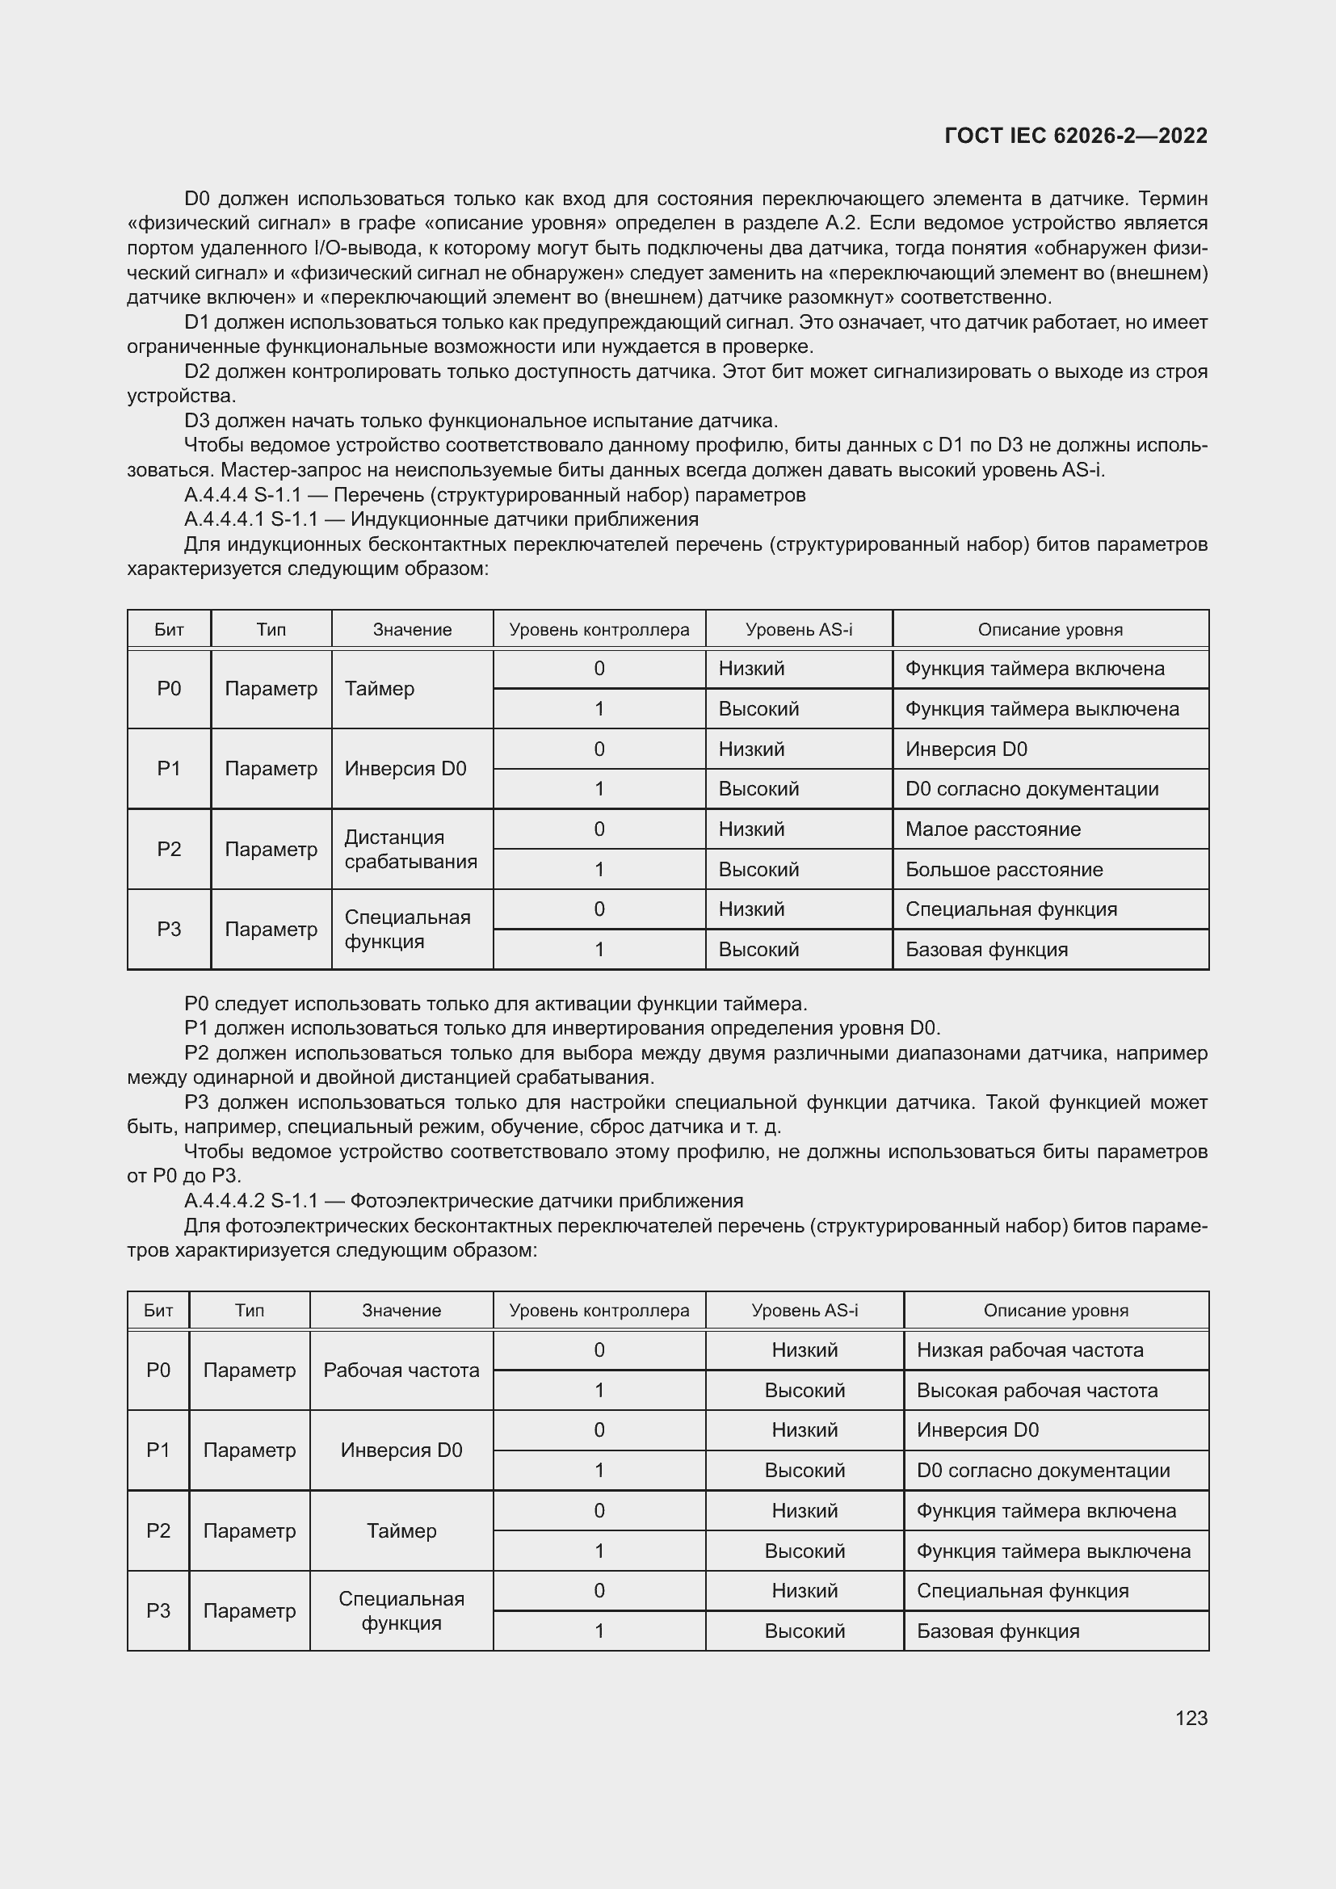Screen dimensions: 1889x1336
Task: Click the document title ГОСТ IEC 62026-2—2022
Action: pyautogui.click(x=1075, y=136)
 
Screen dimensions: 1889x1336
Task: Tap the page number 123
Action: pyautogui.click(x=1191, y=1718)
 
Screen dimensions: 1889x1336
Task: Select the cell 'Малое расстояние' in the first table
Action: pyautogui.click(x=992, y=829)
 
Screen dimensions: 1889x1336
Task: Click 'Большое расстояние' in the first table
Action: pyautogui.click(x=1004, y=870)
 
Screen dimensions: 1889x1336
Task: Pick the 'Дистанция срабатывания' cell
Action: pyautogui.click(x=410, y=849)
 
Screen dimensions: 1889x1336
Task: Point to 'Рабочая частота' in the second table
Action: pyautogui.click(x=401, y=1370)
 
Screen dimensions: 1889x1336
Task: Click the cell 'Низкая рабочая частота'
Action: pyautogui.click(x=1029, y=1350)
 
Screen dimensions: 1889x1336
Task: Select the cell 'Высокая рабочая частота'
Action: pyautogui.click(x=1036, y=1391)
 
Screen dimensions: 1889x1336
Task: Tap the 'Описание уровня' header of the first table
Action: pyautogui.click(x=1050, y=629)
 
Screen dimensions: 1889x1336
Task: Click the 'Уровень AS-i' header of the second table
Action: pyautogui.click(x=804, y=1311)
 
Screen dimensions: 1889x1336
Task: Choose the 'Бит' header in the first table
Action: pyautogui.click(x=169, y=629)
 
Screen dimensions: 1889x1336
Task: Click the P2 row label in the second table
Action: pyautogui.click(x=158, y=1530)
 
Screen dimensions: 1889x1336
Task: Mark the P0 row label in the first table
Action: pyautogui.click(x=169, y=689)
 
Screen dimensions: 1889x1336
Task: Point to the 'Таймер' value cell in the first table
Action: pyautogui.click(x=380, y=689)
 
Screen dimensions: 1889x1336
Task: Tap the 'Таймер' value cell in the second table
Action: pyautogui.click(x=401, y=1530)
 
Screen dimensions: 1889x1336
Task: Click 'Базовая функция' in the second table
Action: pyautogui.click(x=997, y=1631)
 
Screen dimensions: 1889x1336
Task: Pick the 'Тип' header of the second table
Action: pyautogui.click(x=250, y=1311)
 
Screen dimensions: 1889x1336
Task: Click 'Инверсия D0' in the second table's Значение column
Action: pyautogui.click(x=401, y=1450)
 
